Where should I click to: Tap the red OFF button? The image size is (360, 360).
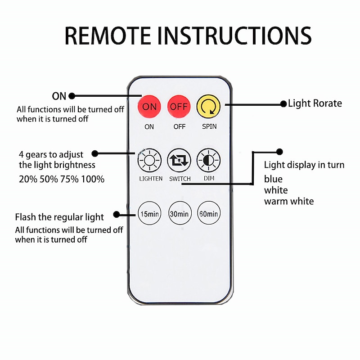coord(179,107)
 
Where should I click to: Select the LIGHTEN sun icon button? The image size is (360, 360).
coord(149,161)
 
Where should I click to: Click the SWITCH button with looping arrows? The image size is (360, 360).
coord(179,161)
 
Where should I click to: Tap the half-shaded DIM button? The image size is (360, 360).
coord(209,161)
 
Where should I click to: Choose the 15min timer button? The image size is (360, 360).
coord(149,214)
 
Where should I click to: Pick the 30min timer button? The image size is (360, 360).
coord(179,214)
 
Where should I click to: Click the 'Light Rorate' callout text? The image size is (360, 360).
coord(315,103)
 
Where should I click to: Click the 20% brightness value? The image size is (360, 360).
coord(28,179)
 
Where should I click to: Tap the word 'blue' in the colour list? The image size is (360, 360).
coord(273,179)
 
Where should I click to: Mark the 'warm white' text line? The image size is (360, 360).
coord(289,201)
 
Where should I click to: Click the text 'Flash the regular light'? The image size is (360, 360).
coord(59,217)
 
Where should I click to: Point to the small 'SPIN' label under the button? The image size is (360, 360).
coord(209,126)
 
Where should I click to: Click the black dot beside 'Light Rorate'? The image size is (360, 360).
coord(283,104)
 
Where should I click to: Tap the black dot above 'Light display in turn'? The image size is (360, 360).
coord(279,152)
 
